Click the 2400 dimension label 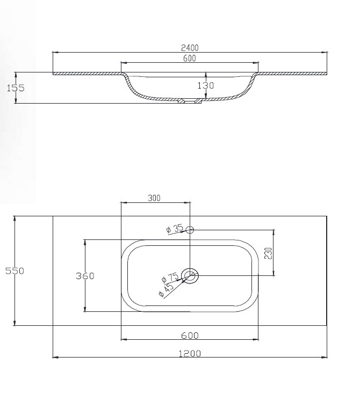click(190, 48)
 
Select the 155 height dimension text click(16, 88)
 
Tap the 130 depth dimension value click(206, 85)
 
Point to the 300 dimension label click(154, 198)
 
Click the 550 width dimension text click(15, 271)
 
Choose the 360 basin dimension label click(85, 276)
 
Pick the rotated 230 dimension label click(268, 253)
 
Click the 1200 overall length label click(190, 353)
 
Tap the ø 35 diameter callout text click(175, 228)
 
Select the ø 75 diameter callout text click(170, 278)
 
